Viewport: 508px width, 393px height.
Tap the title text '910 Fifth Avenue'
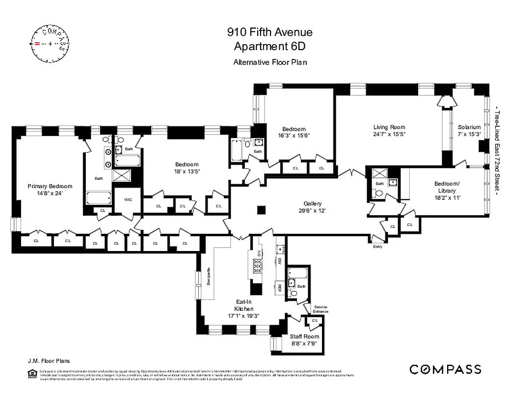click(x=269, y=33)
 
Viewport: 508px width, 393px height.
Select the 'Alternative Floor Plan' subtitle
click(x=270, y=62)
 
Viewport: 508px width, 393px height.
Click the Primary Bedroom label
click(x=50, y=186)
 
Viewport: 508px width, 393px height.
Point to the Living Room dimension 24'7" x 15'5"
click(x=389, y=134)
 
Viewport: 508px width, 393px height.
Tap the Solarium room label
click(x=469, y=127)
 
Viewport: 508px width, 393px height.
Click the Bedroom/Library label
click(x=445, y=187)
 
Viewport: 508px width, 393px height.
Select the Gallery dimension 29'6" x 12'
click(x=312, y=210)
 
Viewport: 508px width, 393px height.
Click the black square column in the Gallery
click(x=261, y=210)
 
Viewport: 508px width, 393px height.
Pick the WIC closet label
click(x=129, y=199)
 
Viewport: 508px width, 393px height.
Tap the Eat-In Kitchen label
click(x=243, y=306)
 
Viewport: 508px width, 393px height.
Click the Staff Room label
click(x=304, y=337)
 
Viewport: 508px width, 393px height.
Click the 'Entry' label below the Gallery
click(x=377, y=247)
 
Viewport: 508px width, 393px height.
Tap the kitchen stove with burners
click(x=258, y=266)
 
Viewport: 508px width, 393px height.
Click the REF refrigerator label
click(x=279, y=287)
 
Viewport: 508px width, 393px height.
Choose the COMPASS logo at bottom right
click(x=445, y=369)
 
